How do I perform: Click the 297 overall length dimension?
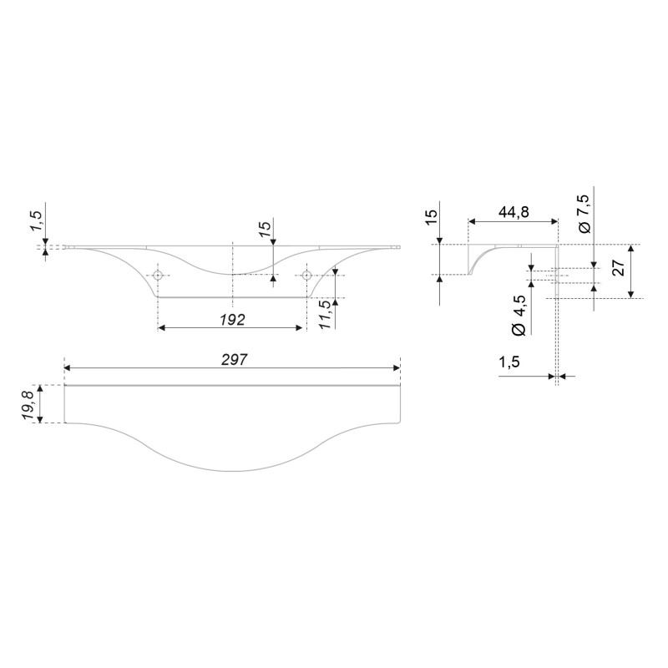tap(235, 360)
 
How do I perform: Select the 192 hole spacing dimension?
tap(233, 319)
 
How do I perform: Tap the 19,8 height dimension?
tap(29, 404)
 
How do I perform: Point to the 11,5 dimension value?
tap(325, 314)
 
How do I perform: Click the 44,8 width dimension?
tap(514, 212)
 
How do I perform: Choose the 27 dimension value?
tap(618, 267)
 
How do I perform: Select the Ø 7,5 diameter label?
tap(584, 214)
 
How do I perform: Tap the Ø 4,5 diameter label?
tap(519, 315)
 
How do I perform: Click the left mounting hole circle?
tap(158, 276)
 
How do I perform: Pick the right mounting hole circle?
tap(306, 276)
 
